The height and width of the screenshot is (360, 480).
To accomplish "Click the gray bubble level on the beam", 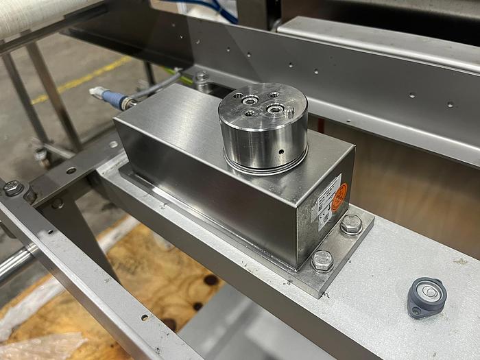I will (x=426, y=296).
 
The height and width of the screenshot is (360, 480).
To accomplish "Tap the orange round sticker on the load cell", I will (x=339, y=198).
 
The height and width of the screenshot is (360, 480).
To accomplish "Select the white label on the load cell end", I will (x=326, y=202).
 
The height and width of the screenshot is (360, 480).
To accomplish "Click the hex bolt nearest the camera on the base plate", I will (x=322, y=260).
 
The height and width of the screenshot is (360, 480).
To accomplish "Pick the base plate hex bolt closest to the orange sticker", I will (x=351, y=224).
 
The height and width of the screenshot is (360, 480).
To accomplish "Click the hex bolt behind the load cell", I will (x=201, y=77).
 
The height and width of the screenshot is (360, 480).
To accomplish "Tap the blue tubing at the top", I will (x=206, y=7).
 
